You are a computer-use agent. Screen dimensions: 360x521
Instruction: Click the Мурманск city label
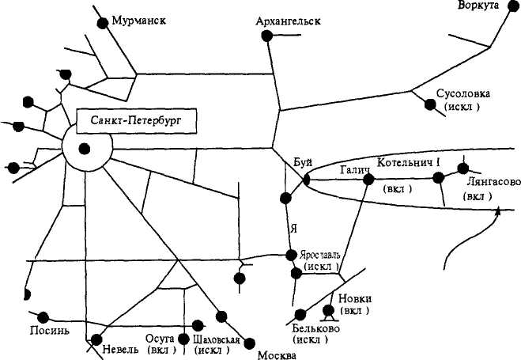138,19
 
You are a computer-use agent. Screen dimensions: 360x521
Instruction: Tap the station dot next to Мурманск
102,23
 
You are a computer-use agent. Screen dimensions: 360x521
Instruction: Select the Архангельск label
288,21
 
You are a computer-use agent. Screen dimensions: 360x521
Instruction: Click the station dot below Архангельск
271,39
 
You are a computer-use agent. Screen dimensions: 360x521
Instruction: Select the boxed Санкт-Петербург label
135,123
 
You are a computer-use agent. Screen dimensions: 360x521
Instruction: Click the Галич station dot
368,180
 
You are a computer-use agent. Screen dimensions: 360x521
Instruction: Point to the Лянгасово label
493,181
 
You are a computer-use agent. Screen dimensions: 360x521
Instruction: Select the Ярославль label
319,255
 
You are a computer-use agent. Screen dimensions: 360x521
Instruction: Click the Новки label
354,298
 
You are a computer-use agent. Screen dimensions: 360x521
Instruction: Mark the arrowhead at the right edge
498,210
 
